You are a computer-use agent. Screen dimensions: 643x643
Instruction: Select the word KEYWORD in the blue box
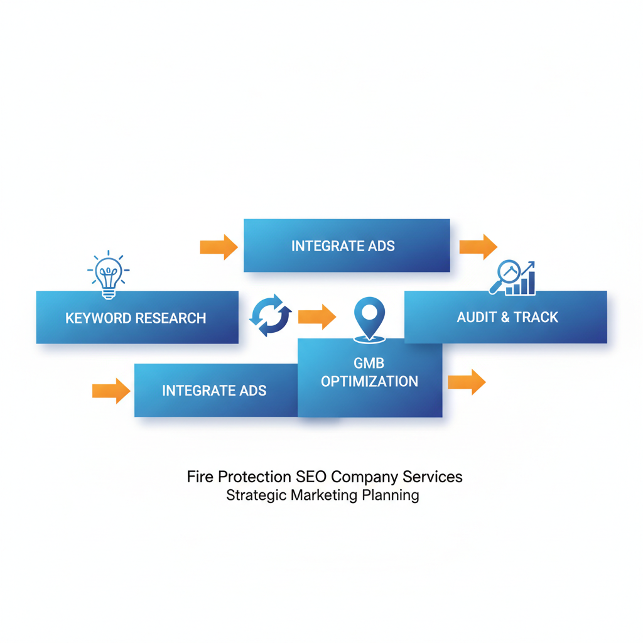[96, 318]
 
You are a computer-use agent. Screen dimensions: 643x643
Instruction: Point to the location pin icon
[369, 317]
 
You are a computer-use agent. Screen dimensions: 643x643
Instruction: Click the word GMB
[369, 362]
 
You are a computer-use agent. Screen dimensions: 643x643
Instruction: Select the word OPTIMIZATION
[369, 381]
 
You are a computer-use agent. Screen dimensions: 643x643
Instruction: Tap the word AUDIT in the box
[477, 317]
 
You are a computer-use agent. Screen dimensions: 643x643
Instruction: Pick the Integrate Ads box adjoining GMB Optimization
[215, 391]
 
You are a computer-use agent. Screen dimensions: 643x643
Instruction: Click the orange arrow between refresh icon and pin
[316, 316]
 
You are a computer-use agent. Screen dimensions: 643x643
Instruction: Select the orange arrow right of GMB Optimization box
[467, 381]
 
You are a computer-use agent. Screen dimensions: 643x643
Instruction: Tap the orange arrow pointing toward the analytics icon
[478, 246]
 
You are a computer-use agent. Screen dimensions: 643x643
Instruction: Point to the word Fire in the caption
[200, 477]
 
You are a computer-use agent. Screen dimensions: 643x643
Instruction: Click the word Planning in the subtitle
[391, 495]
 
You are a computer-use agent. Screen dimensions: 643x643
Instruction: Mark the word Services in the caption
[431, 477]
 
